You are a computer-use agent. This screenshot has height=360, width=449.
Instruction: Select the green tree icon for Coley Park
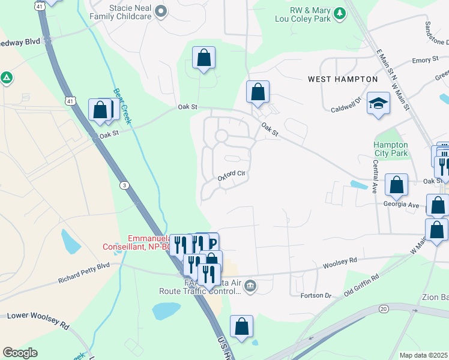(340, 12)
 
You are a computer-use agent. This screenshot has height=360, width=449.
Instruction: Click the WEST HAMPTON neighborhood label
(343, 79)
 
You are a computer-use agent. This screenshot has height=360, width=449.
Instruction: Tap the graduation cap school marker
(378, 105)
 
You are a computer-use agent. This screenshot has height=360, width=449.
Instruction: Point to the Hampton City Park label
(391, 149)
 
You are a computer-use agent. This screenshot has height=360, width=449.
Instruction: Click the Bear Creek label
(122, 106)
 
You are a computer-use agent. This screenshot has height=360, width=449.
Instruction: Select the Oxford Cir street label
(232, 175)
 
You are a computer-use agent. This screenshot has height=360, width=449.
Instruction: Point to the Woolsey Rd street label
(340, 262)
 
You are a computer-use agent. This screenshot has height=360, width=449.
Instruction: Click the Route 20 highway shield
(384, 308)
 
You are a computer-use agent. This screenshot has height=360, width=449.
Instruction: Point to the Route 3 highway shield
(124, 184)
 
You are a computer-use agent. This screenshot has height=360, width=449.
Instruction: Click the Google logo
(20, 353)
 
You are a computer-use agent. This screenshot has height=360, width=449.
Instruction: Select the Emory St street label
(421, 61)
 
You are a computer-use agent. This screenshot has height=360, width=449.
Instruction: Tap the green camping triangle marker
(7, 77)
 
